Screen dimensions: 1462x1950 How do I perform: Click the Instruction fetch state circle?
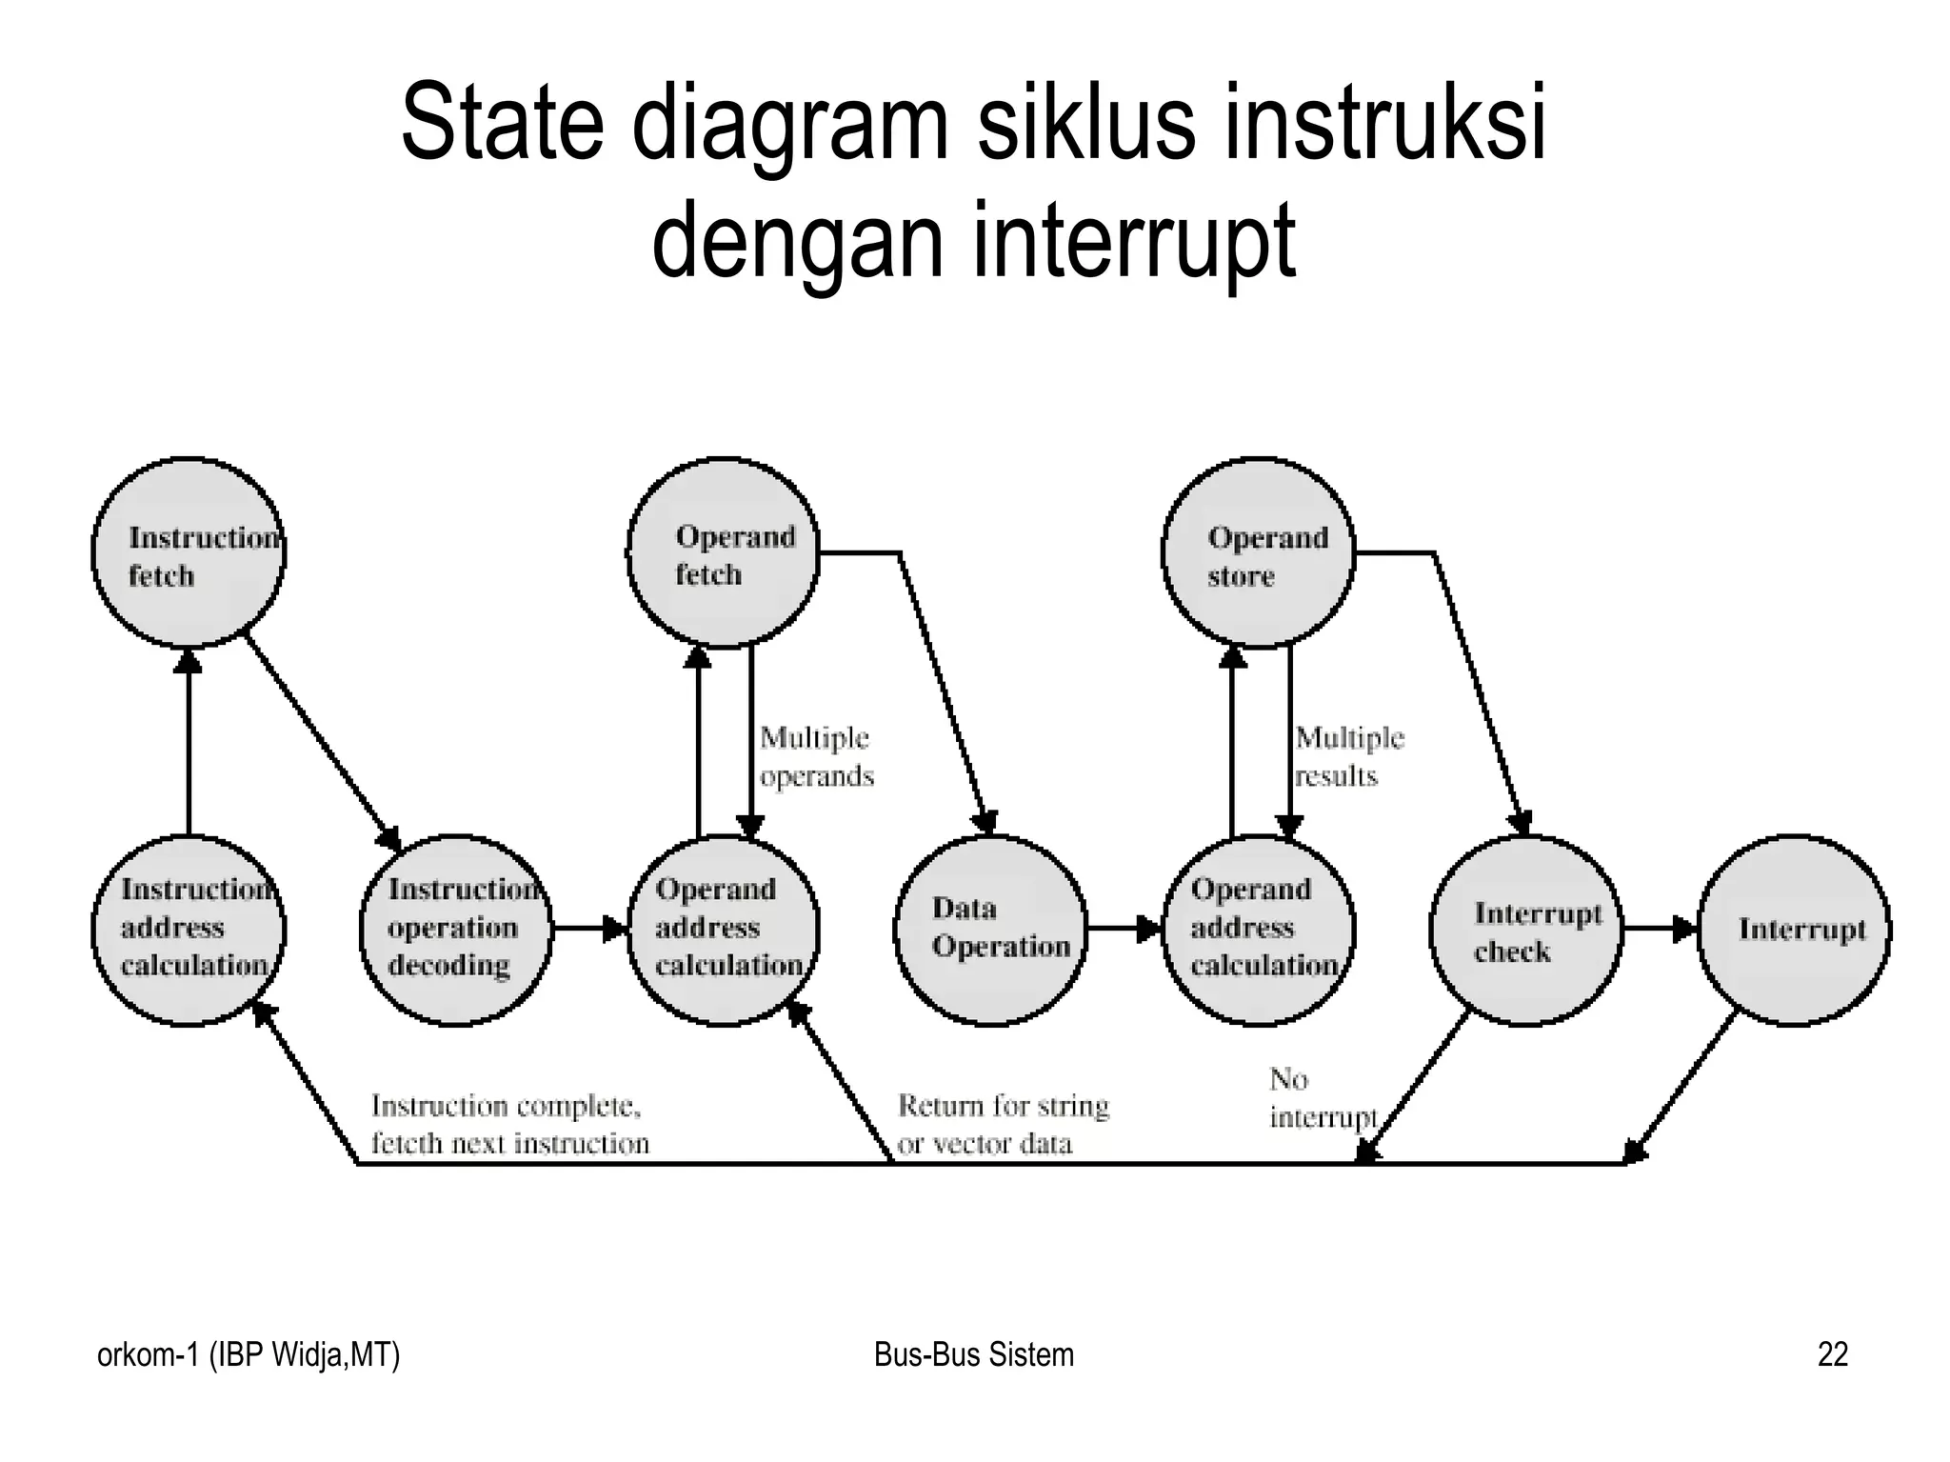coord(189,553)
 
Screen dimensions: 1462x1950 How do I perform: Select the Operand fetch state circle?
coord(724,553)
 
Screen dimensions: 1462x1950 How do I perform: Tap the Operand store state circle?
coord(1259,553)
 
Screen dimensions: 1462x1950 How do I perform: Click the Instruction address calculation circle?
coord(189,930)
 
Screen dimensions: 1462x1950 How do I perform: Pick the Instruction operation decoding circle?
coord(456,930)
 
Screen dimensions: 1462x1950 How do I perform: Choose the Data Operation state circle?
coord(991,930)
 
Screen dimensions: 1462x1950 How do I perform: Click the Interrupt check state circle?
coord(1526,930)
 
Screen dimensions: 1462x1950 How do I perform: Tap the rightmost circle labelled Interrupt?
coord(1795,930)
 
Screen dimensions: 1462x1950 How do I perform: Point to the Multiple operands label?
coord(816,757)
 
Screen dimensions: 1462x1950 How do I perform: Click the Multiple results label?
coord(1349,757)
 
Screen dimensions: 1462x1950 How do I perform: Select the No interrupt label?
coord(1323,1098)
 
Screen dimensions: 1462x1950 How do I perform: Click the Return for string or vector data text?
coord(1004,1124)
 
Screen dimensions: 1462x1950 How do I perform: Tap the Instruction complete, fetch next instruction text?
coord(509,1124)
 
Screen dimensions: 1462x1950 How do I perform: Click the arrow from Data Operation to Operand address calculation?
coord(1124,929)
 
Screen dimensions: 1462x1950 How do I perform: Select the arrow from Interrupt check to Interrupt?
coord(1661,929)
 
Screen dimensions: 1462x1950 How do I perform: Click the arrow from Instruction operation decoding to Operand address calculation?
coord(589,929)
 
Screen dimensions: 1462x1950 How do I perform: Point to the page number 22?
coord(1833,1354)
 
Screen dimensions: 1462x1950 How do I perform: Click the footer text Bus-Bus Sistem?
coord(973,1354)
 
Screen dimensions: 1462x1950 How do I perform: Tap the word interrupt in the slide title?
coord(1133,240)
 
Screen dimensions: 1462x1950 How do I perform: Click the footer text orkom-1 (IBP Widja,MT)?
coord(249,1354)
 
